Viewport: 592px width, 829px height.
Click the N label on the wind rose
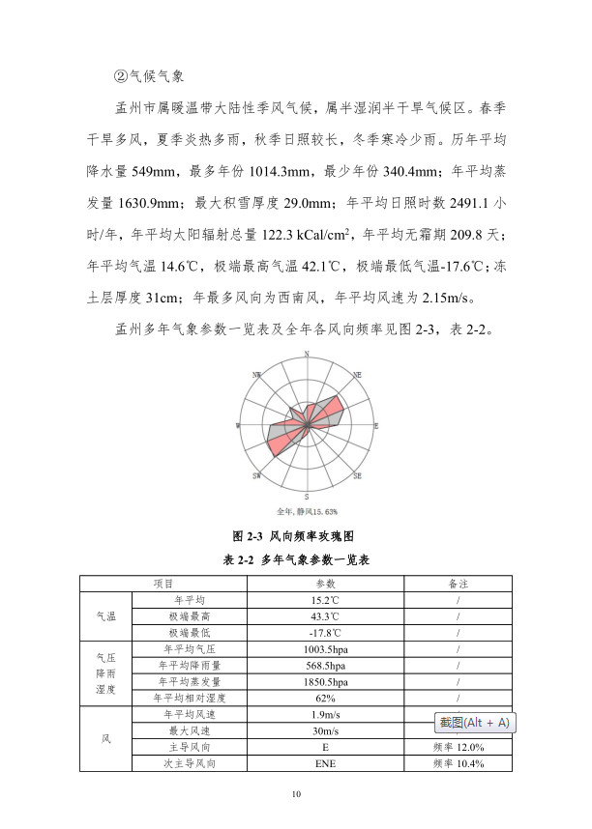[307, 356]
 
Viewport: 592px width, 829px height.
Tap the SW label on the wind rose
[256, 476]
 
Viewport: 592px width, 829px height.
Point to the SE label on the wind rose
[357, 476]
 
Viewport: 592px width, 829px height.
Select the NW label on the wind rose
[256, 374]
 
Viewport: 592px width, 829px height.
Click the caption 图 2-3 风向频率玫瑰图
[296, 534]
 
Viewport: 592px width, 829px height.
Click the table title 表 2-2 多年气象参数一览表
[297, 558]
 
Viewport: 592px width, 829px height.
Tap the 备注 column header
[458, 584]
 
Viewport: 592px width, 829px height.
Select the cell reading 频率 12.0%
[458, 747]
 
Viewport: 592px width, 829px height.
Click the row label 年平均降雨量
[192, 665]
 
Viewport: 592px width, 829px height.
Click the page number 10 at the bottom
[296, 795]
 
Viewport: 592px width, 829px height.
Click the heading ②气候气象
[150, 75]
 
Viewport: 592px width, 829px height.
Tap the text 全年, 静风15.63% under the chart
[307, 510]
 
